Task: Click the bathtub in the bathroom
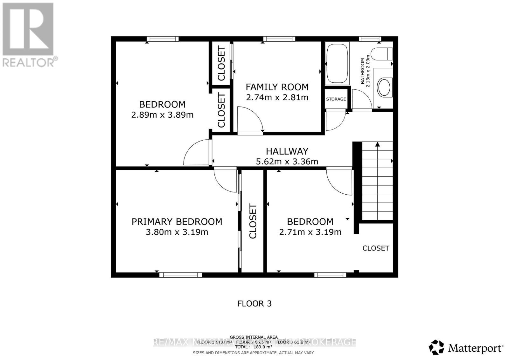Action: coord(337,64)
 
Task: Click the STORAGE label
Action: coord(336,99)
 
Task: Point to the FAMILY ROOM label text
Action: coord(277,87)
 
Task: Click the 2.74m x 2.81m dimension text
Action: coord(277,97)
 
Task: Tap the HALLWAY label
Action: coord(287,151)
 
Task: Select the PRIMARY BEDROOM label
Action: coord(177,222)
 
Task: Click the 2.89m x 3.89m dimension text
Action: coord(162,115)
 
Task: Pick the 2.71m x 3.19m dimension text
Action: coord(310,232)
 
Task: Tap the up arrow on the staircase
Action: coord(378,144)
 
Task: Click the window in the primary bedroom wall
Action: coord(180,274)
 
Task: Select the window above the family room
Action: coord(279,39)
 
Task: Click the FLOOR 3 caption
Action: coord(254,303)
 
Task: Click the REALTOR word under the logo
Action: coord(29,62)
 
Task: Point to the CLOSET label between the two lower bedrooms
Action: coord(253,221)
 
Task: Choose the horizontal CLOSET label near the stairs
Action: coord(376,248)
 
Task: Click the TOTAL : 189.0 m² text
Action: coord(254,347)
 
